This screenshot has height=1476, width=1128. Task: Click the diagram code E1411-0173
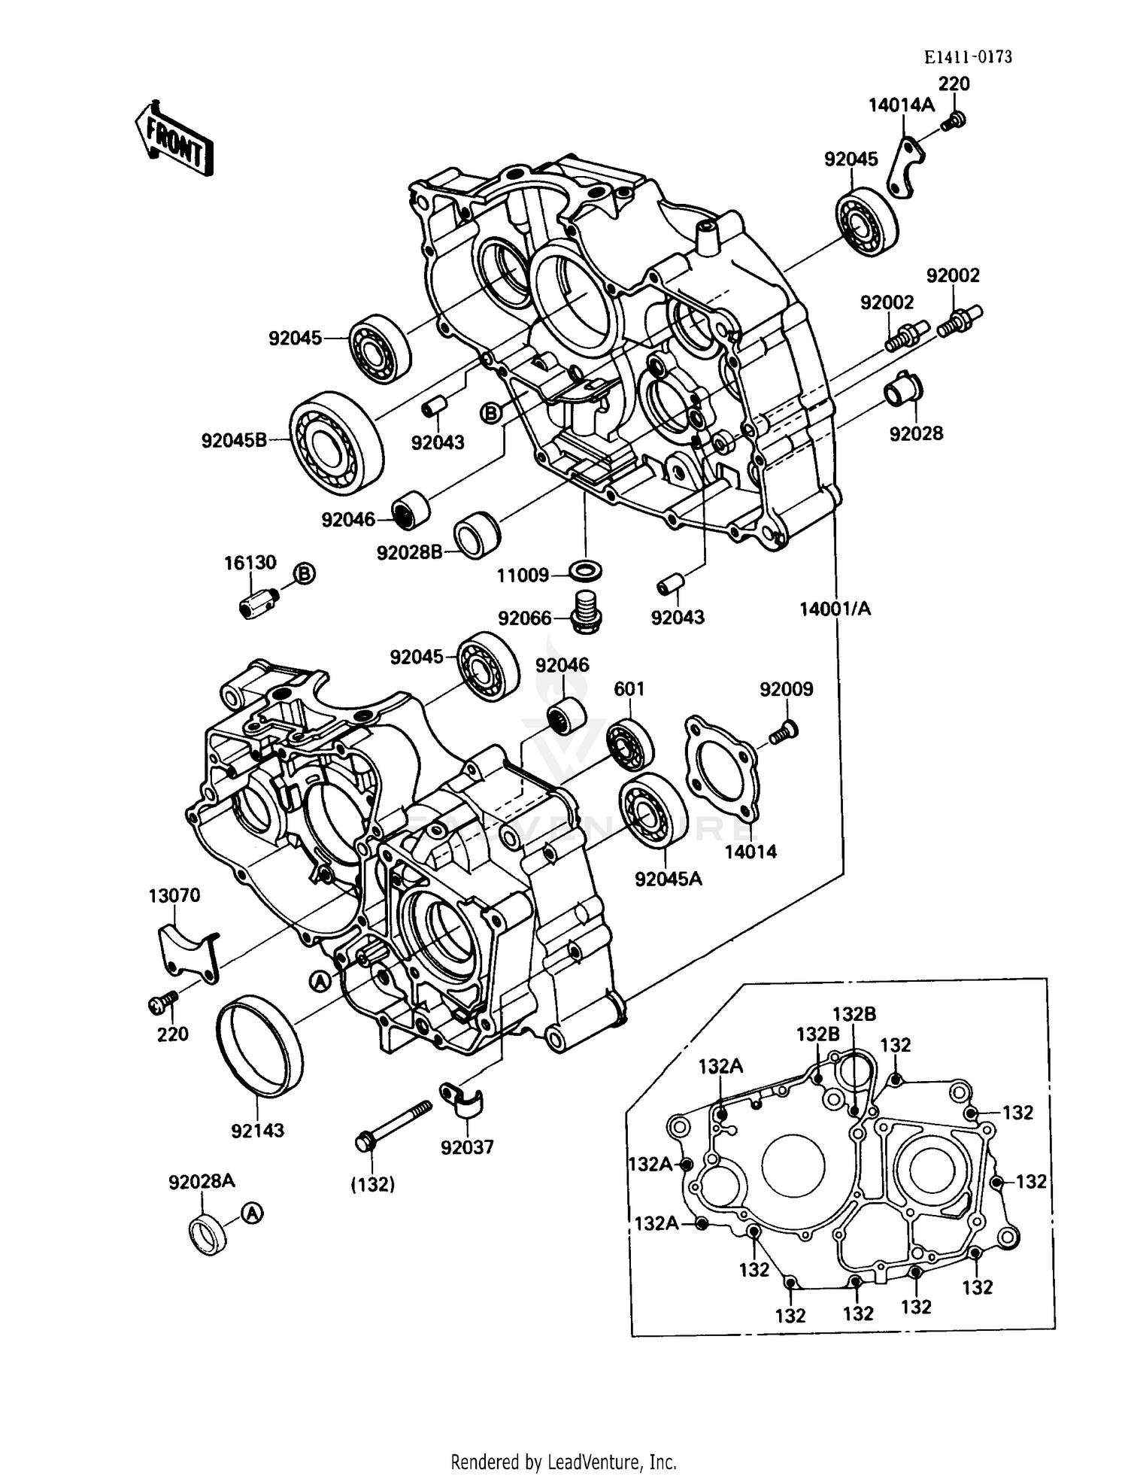click(x=969, y=57)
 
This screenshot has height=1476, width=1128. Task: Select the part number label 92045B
click(x=234, y=440)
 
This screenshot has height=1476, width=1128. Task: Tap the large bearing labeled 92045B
click(x=336, y=442)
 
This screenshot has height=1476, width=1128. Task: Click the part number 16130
click(x=250, y=563)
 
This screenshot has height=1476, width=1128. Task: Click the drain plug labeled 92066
click(x=584, y=612)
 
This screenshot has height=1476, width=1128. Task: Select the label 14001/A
click(x=835, y=609)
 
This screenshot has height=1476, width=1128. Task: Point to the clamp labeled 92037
click(x=461, y=1101)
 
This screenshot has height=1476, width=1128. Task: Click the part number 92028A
click(x=202, y=1182)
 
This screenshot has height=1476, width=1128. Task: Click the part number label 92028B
click(x=410, y=553)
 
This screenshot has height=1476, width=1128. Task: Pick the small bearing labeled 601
click(x=629, y=743)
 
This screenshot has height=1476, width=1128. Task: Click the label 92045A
click(x=668, y=879)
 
